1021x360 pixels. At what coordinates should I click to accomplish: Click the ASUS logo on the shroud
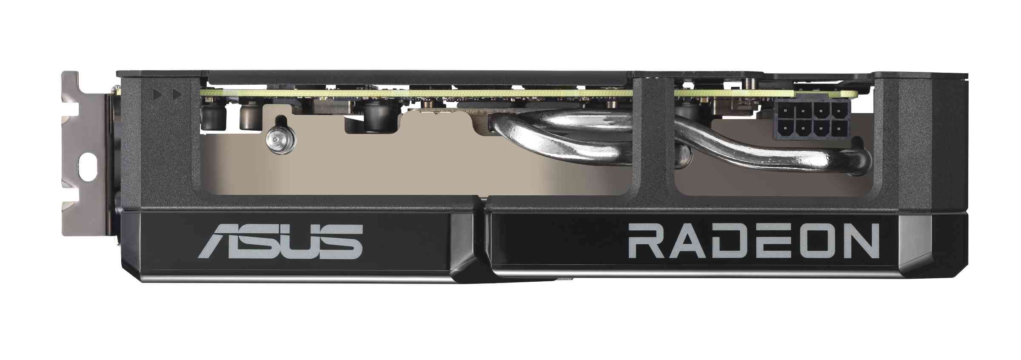[280, 242]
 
